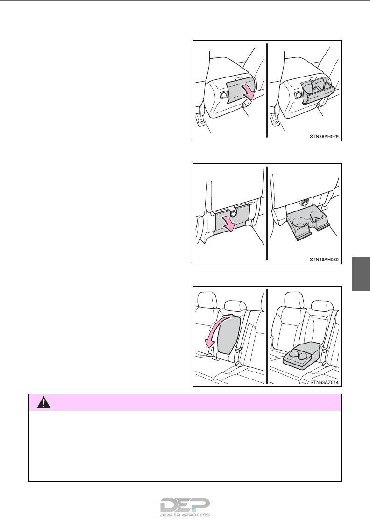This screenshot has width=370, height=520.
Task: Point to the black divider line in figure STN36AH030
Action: [267, 214]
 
